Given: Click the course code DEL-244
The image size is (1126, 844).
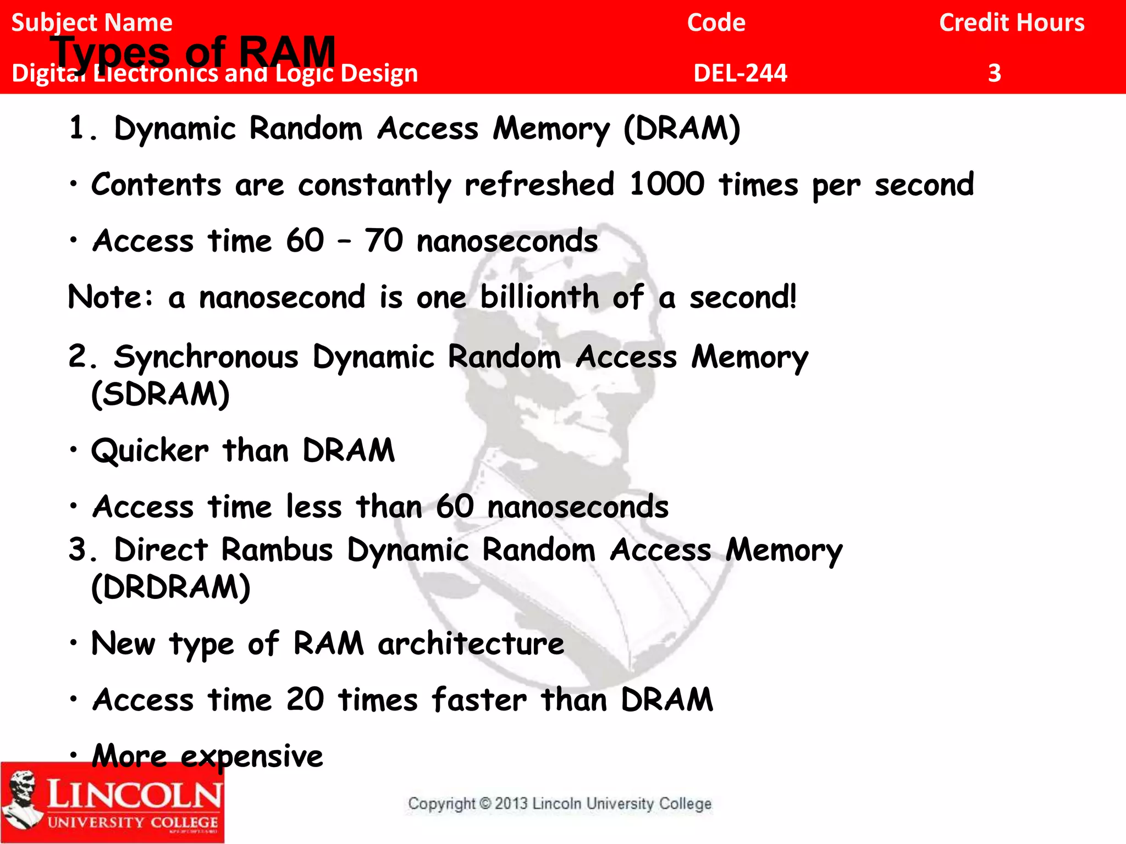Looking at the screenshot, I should (x=740, y=73).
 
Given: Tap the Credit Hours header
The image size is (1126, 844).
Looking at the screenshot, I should (x=1012, y=23).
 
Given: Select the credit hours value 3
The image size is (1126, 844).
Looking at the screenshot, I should (x=994, y=73).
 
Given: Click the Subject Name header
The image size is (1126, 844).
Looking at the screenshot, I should (x=92, y=23).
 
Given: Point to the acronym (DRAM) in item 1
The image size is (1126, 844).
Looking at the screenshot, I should (x=682, y=129).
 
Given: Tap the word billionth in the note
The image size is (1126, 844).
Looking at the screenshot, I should (x=539, y=297).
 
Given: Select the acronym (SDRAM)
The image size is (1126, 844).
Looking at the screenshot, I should (x=160, y=395).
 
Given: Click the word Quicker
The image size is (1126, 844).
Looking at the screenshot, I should (x=150, y=451).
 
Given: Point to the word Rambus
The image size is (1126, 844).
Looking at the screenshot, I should (x=277, y=550).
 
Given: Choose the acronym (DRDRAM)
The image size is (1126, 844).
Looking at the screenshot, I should (x=170, y=587).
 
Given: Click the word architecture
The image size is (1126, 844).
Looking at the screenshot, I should (x=471, y=643).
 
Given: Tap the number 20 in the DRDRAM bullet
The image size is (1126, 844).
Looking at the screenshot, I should (x=305, y=700).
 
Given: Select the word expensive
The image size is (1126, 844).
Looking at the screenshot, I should (x=252, y=757).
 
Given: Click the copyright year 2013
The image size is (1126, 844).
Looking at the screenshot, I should (x=511, y=804).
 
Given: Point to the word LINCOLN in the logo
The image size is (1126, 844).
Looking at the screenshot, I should (x=134, y=793).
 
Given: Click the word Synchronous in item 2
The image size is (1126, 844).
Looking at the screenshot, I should (x=206, y=357).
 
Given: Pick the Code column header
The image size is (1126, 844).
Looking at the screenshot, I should (x=716, y=23).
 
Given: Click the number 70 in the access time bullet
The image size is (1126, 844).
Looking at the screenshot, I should (x=384, y=241).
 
